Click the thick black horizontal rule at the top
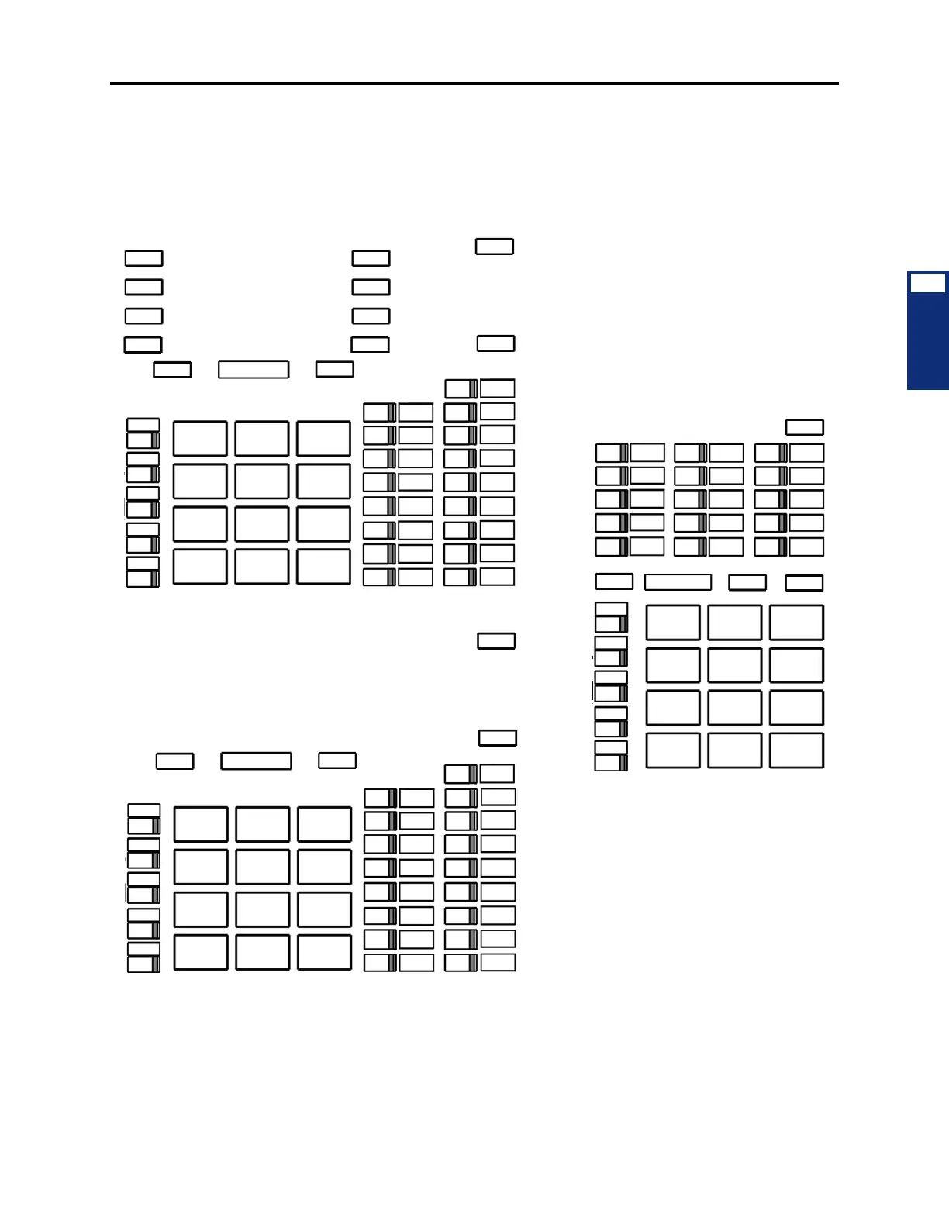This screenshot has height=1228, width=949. pos(474,83)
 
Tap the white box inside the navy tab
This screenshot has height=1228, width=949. pos(927,282)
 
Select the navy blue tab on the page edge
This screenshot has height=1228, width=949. pos(927,341)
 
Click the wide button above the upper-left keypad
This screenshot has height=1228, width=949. pos(254,369)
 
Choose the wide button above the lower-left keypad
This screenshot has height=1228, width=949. pos(256,761)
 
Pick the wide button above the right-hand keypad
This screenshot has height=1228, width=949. pos(678,582)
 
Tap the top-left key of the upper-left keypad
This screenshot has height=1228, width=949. pos(200,439)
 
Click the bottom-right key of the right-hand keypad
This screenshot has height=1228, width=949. pos(796,750)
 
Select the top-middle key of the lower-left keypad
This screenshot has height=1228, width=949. pos(263,824)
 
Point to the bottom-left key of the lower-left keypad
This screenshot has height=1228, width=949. pos(201,952)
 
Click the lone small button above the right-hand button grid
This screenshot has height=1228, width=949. pos(805,427)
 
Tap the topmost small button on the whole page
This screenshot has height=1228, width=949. pos(495,247)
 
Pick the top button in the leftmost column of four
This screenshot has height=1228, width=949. pos(144,258)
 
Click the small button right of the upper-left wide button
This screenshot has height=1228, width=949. pos(335,369)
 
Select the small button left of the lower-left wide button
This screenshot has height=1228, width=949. pos(175,761)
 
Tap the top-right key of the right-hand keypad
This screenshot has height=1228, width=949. pos(796,623)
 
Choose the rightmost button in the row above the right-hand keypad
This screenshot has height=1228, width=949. pos(804,583)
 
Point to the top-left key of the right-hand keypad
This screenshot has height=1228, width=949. pos(673,623)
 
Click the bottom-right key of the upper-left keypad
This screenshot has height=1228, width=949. pos(323,567)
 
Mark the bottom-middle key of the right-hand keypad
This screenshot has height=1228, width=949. pos(734,750)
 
